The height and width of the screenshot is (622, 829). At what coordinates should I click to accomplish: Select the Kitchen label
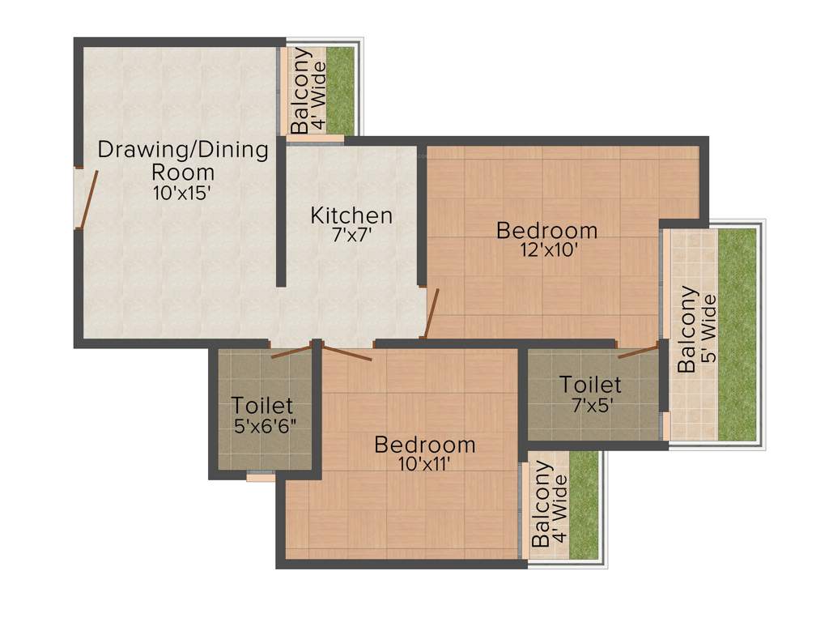click(352, 215)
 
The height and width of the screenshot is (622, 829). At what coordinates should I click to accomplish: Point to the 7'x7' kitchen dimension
click(352, 236)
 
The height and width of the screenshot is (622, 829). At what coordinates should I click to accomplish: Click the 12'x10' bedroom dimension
click(547, 250)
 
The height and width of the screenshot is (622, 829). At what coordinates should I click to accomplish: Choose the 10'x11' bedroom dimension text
click(424, 464)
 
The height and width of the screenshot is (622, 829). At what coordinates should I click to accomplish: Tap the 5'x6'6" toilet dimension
click(261, 425)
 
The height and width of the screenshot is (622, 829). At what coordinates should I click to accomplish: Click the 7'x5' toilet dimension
click(591, 404)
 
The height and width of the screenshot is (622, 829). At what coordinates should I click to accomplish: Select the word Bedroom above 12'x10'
click(547, 230)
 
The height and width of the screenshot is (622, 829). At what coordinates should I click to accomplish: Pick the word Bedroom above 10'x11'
click(424, 445)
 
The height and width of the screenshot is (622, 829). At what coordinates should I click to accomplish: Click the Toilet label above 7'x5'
click(591, 384)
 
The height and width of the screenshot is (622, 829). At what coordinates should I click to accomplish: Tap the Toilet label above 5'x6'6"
click(261, 405)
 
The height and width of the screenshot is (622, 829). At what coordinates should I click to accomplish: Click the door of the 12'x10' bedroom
click(431, 314)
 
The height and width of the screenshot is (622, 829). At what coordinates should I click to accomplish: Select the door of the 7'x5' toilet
click(638, 351)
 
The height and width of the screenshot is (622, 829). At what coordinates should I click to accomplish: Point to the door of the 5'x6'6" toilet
click(291, 351)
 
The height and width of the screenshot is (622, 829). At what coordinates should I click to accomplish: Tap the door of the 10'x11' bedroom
click(346, 353)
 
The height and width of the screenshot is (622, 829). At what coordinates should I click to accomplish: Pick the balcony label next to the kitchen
click(308, 91)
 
